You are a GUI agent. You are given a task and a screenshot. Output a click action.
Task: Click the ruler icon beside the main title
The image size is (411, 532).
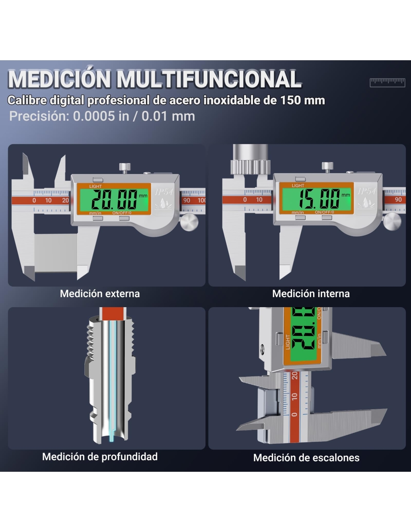click(387, 83)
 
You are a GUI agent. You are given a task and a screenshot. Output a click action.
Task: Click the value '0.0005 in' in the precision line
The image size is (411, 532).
click(101, 116)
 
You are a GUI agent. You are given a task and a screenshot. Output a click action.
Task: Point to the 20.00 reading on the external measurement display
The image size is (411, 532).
click(114, 199)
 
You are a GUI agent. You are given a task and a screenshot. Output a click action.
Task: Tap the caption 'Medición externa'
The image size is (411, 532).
click(100, 294)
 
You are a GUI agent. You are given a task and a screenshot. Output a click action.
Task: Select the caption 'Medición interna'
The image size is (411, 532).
click(311, 294)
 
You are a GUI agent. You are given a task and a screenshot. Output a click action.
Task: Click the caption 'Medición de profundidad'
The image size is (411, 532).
click(100, 457)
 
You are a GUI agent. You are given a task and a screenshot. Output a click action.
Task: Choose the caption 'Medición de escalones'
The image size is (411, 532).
click(306, 458)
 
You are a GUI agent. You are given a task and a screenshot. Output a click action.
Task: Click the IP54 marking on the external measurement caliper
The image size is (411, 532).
click(164, 192)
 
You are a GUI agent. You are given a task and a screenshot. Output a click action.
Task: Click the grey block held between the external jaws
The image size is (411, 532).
click(56, 253)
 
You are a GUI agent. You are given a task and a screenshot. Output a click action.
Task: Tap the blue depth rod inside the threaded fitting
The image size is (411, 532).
click(112, 381)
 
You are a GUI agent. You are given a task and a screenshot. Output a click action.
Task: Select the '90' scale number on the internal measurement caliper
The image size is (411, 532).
click(398, 199)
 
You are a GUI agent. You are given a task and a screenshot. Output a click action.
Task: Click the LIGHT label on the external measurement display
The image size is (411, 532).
click(95, 187)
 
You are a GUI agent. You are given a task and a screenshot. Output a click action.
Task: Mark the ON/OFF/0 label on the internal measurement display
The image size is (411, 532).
click(324, 212)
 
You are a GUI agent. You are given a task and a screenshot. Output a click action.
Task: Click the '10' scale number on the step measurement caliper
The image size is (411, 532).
click(295, 396)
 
